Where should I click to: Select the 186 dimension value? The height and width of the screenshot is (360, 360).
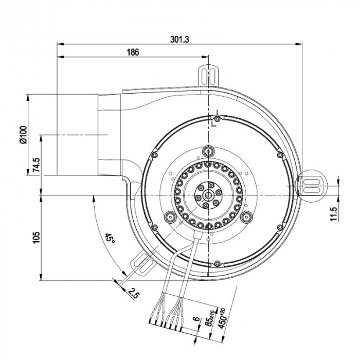point(132,52)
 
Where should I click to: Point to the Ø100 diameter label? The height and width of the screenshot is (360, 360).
point(23,133)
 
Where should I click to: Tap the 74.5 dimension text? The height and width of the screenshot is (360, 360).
point(37,167)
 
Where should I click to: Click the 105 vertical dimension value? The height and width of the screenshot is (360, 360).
point(37,238)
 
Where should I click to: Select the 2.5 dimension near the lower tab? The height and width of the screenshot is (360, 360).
point(134,294)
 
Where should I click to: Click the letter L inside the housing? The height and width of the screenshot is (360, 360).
point(214,122)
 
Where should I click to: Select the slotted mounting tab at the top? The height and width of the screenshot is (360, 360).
point(209,73)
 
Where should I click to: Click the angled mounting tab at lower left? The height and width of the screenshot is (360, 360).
point(142,263)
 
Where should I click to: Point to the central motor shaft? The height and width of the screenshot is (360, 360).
point(208,195)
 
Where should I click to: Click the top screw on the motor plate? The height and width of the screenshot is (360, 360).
point(208,151)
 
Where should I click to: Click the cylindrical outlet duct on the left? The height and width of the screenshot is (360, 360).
point(77,135)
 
